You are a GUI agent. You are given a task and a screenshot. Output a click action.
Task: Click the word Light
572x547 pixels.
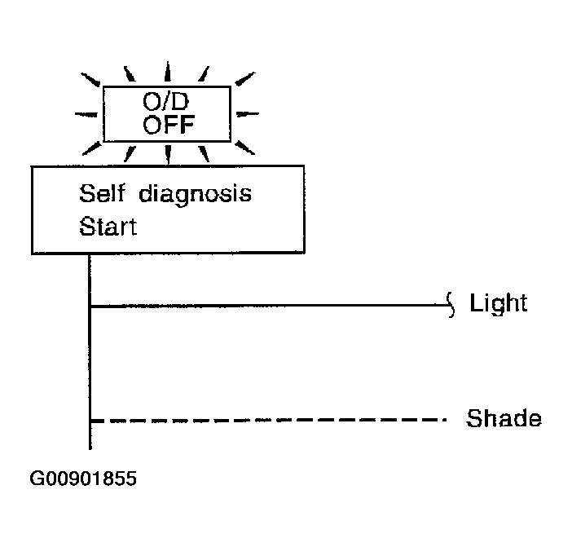click(x=499, y=303)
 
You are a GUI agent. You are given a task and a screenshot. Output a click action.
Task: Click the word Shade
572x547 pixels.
click(x=504, y=418)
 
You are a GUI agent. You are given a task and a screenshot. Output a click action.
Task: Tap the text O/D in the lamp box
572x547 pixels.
click(x=166, y=101)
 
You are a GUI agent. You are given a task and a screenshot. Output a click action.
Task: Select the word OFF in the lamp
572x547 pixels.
click(x=169, y=125)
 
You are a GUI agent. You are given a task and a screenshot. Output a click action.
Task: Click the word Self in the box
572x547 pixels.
click(x=102, y=193)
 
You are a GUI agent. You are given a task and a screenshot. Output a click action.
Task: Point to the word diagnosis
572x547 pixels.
click(x=196, y=195)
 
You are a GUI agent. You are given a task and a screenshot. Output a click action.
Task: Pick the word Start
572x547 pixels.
click(x=108, y=227)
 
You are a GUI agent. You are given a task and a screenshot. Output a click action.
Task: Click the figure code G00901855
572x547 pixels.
click(x=83, y=479)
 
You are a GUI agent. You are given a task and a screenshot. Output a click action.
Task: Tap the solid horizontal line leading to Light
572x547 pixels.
click(x=269, y=306)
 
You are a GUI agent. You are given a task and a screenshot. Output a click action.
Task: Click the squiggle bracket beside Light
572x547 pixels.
click(x=451, y=305)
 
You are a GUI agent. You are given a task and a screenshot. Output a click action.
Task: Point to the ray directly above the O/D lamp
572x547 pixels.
click(x=167, y=71)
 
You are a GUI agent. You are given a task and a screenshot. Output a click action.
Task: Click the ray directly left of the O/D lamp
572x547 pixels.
click(x=86, y=115)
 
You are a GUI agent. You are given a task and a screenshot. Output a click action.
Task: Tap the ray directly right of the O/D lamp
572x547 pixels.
click(x=248, y=114)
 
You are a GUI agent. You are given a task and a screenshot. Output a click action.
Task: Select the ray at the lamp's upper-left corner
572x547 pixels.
click(x=90, y=80)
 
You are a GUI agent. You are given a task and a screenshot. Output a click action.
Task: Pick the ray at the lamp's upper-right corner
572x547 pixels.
click(x=244, y=79)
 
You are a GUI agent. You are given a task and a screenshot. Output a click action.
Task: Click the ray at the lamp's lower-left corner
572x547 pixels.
click(x=92, y=148)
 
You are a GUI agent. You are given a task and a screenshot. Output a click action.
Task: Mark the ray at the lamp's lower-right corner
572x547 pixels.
click(x=244, y=148)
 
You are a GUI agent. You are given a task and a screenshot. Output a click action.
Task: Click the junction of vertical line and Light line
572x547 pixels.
click(x=90, y=306)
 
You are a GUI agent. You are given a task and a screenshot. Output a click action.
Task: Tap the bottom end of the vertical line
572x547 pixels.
click(x=90, y=449)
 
